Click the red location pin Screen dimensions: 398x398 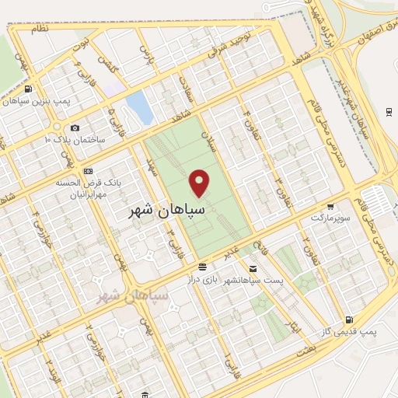[x=201, y=183]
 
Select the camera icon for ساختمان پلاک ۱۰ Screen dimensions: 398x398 [x=75, y=127]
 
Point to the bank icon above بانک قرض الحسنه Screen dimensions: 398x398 [x=88, y=171]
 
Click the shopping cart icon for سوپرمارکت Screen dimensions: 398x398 [x=331, y=207]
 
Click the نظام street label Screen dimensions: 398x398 [x=38, y=28]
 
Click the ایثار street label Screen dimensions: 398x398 [x=294, y=327]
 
